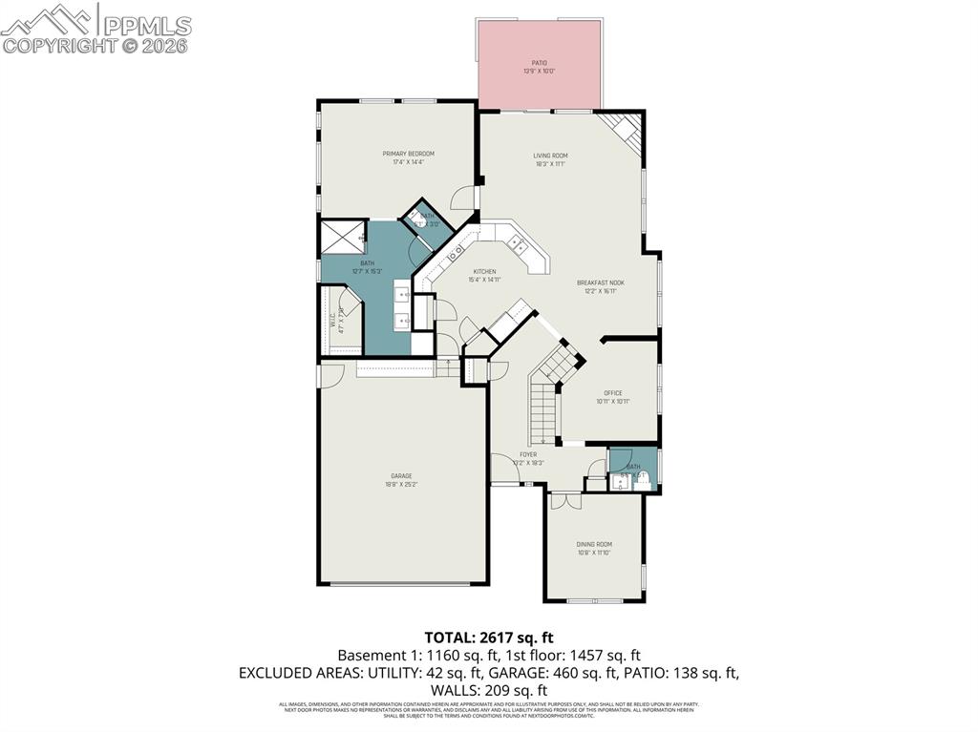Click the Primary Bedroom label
pyautogui.click(x=408, y=154)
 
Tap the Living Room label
pyautogui.click(x=550, y=156)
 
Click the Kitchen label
pyautogui.click(x=481, y=272)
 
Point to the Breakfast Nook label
pyautogui.click(x=600, y=282)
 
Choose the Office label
pyautogui.click(x=612, y=393)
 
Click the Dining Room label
pyautogui.click(x=593, y=544)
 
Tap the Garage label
pyautogui.click(x=401, y=475)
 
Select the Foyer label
pyautogui.click(x=527, y=454)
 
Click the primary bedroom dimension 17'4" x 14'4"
pyautogui.click(x=408, y=162)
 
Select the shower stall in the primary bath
pyautogui.click(x=341, y=237)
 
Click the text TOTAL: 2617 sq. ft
pyautogui.click(x=489, y=637)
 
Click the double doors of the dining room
pyautogui.click(x=564, y=498)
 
